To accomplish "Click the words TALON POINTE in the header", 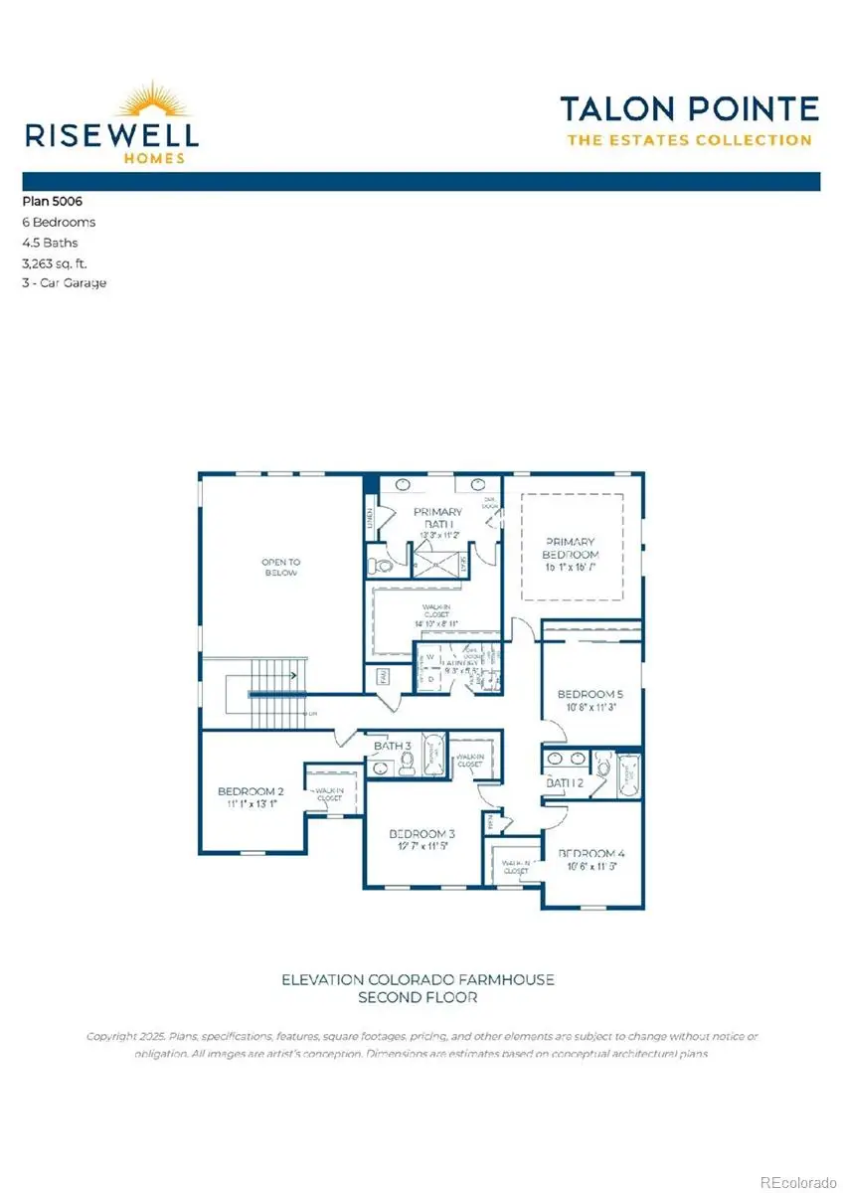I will (x=689, y=108).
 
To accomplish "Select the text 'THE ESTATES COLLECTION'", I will (x=689, y=140).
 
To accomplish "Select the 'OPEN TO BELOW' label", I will (x=280, y=568).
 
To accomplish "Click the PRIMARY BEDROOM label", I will (x=571, y=548).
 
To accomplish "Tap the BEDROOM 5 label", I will (x=590, y=693).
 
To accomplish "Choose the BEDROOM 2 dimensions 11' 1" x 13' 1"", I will (x=251, y=804).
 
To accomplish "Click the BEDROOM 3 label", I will (x=421, y=833).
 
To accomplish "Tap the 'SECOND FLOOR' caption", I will (x=418, y=997).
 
